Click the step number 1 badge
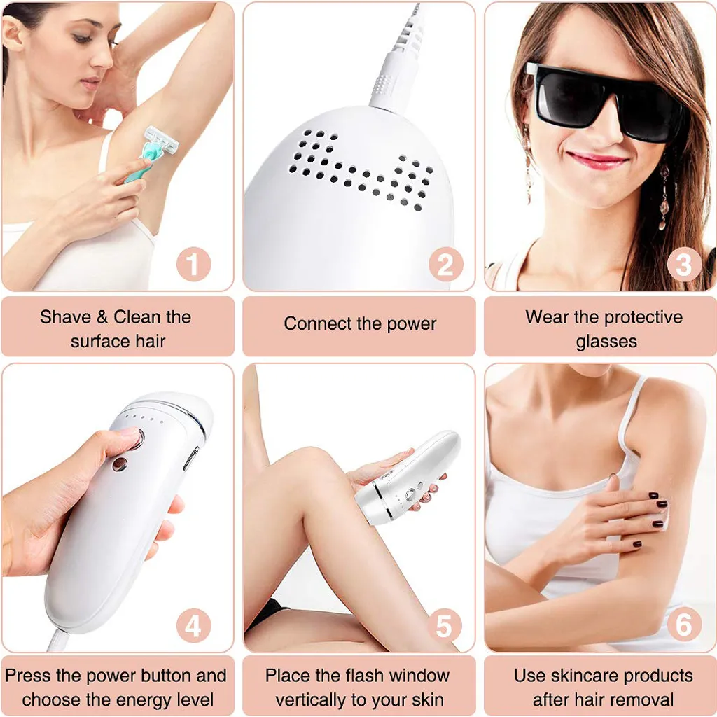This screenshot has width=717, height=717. click(x=194, y=264)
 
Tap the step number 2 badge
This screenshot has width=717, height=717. click(x=445, y=264)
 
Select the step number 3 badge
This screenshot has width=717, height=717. click(x=684, y=264)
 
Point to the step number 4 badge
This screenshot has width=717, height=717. click(x=194, y=625)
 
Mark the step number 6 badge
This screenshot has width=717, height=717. click(x=684, y=625)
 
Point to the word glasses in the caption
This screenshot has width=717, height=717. click(x=606, y=342)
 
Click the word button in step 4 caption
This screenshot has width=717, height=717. click(x=167, y=676)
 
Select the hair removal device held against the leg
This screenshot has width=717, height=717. click(x=407, y=478)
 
